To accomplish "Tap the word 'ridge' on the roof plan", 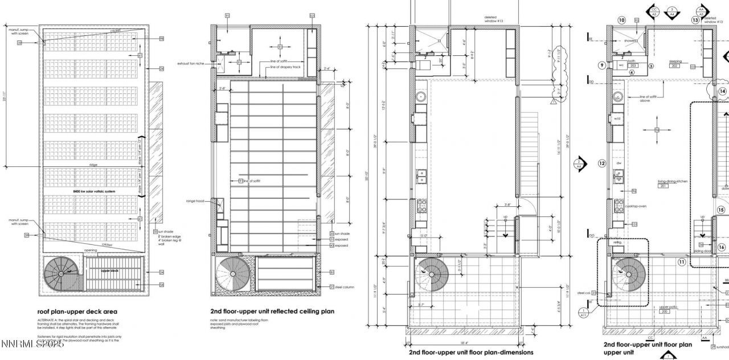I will [x=93, y=165].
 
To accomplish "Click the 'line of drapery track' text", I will [x=285, y=67].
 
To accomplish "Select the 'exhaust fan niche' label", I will [x=191, y=63].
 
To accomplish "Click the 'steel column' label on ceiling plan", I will [x=346, y=287].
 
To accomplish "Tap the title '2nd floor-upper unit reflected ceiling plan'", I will [x=272, y=312].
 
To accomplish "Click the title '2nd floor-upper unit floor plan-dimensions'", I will [x=471, y=352].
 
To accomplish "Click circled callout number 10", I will [x=621, y=20].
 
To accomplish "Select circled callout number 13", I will [x=695, y=20].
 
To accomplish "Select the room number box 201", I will [x=662, y=186].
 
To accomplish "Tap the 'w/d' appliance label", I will [x=617, y=118].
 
